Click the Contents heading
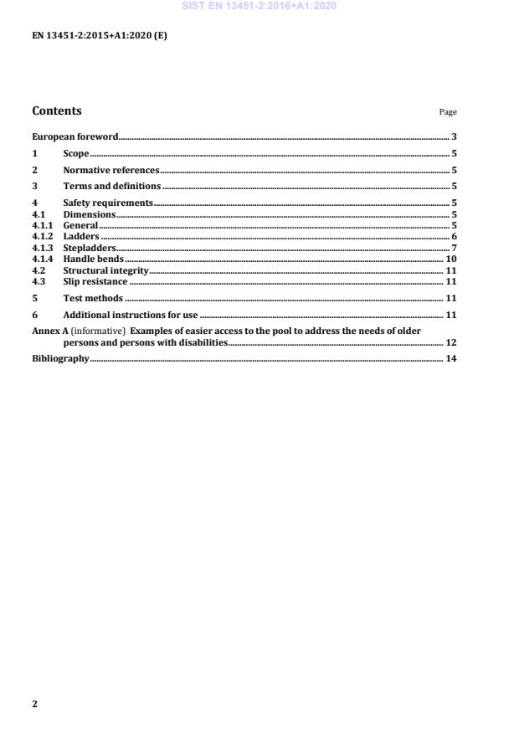[x=57, y=110]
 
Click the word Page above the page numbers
[x=448, y=112]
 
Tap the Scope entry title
[x=76, y=154]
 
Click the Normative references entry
[x=110, y=170]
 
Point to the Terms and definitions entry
[x=112, y=186]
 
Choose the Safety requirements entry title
[x=108, y=203]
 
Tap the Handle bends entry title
[x=93, y=259]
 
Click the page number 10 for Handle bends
[x=450, y=259]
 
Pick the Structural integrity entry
[x=105, y=271]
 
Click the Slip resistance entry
[x=95, y=282]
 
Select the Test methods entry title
[x=93, y=299]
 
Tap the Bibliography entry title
[x=60, y=359]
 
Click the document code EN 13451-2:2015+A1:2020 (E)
[x=99, y=35]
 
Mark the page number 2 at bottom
[x=34, y=704]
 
